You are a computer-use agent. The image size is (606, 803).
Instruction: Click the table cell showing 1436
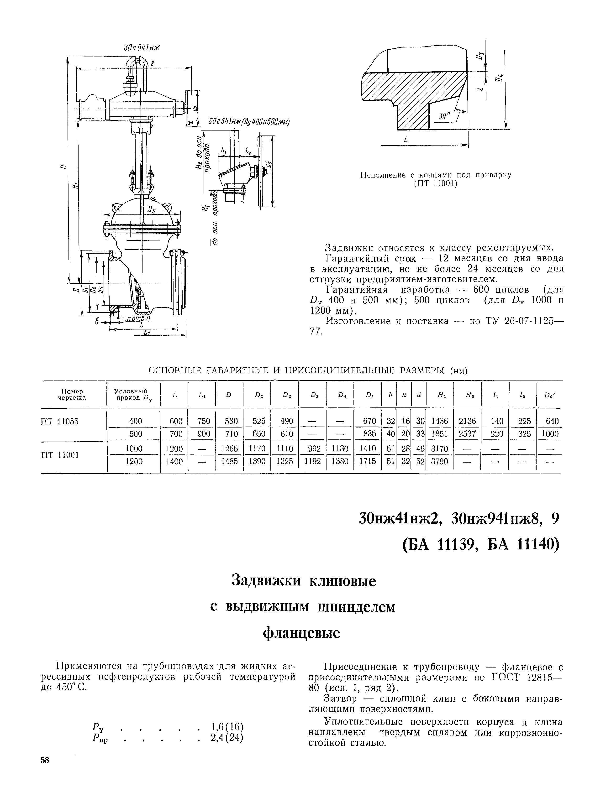point(440,421)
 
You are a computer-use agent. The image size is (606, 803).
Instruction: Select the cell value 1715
point(368,461)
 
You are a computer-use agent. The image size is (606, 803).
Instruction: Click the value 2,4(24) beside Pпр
point(227,738)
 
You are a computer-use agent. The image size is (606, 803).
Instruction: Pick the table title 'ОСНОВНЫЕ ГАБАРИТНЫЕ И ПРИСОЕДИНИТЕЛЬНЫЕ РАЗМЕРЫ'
point(298,371)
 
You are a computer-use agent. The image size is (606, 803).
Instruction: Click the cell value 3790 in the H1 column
point(440,461)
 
